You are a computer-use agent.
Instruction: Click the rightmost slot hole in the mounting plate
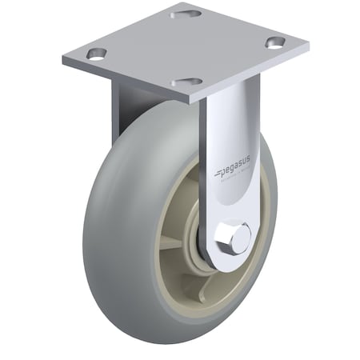[274, 43]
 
